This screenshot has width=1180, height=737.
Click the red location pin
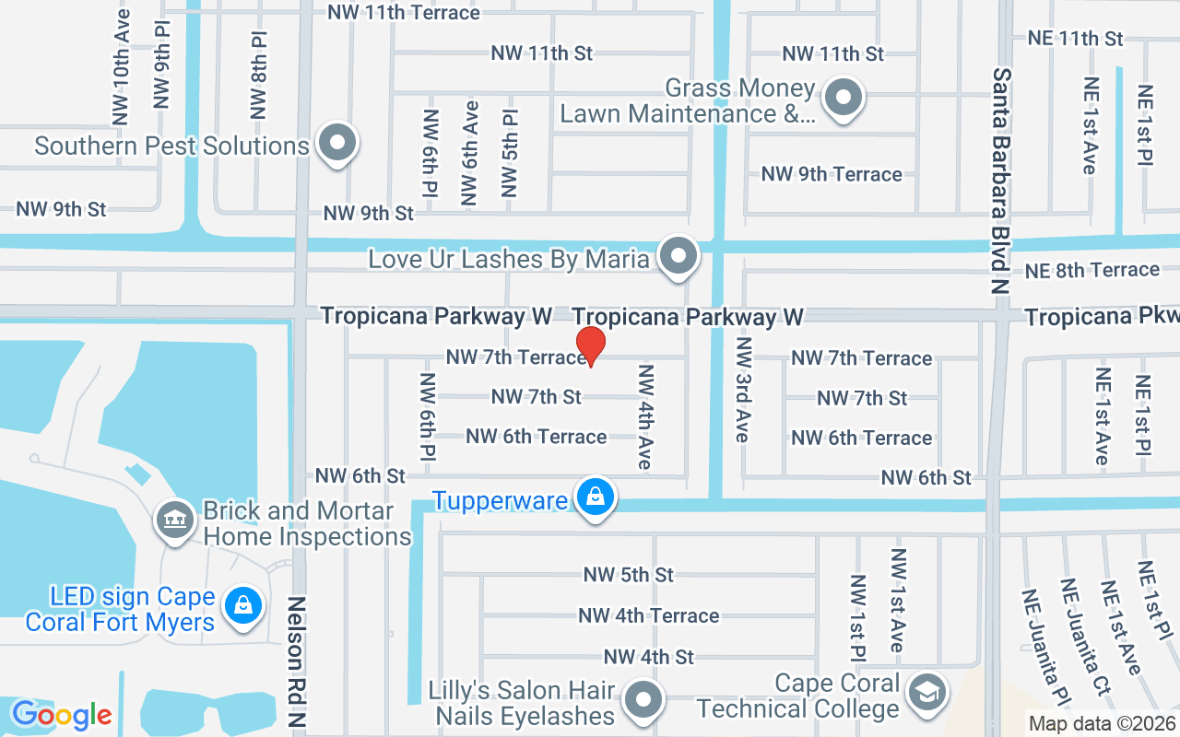click(590, 345)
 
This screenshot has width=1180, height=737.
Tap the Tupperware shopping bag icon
click(596, 498)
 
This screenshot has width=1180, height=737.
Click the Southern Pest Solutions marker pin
click(337, 144)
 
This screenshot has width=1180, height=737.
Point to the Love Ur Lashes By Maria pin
click(680, 255)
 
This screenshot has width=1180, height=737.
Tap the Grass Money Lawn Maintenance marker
click(843, 98)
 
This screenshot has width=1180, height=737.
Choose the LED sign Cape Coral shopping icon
click(242, 606)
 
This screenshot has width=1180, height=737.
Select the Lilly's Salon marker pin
click(643, 701)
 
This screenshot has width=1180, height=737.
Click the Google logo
click(62, 715)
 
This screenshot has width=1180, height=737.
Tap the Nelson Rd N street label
click(297, 660)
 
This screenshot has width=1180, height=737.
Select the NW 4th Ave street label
click(645, 416)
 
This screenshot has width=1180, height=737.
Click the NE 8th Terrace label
click(1092, 270)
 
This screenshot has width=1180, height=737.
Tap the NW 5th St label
click(629, 575)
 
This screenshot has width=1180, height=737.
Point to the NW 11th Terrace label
click(404, 12)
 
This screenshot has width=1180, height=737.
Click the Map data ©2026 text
click(1103, 723)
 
